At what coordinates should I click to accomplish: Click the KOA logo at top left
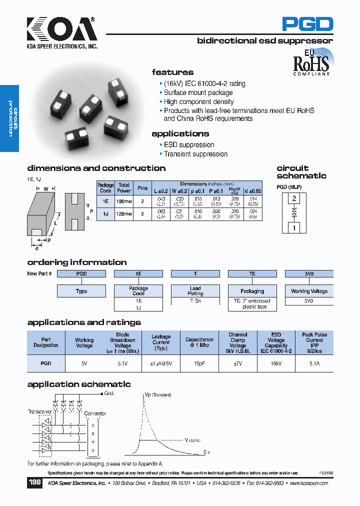click(x=61, y=29)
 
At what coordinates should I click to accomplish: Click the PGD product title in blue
click(x=307, y=24)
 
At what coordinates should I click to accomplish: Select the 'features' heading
click(x=172, y=72)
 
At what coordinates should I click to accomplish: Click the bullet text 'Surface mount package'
click(x=198, y=92)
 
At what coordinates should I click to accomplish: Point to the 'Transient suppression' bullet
click(x=195, y=154)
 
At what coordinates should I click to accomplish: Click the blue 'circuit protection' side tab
click(x=9, y=119)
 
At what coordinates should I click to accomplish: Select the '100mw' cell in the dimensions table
click(x=124, y=201)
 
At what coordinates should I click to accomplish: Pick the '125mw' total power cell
click(x=124, y=214)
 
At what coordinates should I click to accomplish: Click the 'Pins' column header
click(x=142, y=188)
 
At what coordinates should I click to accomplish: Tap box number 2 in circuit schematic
click(x=294, y=198)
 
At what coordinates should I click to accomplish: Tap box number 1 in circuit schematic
click(x=294, y=228)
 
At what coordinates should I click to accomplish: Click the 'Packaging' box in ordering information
click(x=252, y=291)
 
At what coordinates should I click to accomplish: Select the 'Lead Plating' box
click(x=195, y=291)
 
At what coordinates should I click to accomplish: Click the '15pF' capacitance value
click(x=199, y=364)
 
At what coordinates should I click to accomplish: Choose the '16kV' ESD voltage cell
click(x=276, y=364)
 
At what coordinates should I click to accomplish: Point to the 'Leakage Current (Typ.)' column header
click(x=161, y=342)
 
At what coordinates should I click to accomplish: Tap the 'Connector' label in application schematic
click(x=95, y=413)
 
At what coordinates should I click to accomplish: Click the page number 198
click(x=35, y=483)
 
